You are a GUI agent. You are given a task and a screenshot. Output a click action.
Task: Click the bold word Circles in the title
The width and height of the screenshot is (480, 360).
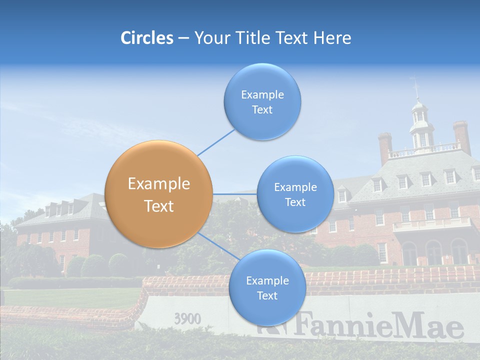(147, 38)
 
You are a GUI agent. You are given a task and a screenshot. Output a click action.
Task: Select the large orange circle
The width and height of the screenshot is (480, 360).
(159, 194)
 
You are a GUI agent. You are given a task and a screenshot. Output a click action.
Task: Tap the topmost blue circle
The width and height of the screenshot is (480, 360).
(262, 101)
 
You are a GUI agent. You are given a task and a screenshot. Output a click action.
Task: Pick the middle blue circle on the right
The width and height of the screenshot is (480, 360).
(295, 194)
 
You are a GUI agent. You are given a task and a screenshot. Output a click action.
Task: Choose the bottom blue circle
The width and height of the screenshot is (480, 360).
(267, 288)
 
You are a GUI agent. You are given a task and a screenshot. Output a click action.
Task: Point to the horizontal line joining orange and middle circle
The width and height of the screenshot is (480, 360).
(234, 194)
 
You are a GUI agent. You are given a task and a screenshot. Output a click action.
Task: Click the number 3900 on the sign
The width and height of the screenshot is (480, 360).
(187, 318)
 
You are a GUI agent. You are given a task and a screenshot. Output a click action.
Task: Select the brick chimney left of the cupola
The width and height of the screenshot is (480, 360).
(384, 147)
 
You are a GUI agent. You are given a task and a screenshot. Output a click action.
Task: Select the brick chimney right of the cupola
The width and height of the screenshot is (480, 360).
(462, 136)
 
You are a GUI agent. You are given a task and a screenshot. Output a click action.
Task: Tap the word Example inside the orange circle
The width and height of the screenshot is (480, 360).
(159, 183)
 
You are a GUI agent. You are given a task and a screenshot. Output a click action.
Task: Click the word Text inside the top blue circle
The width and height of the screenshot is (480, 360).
(262, 110)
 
